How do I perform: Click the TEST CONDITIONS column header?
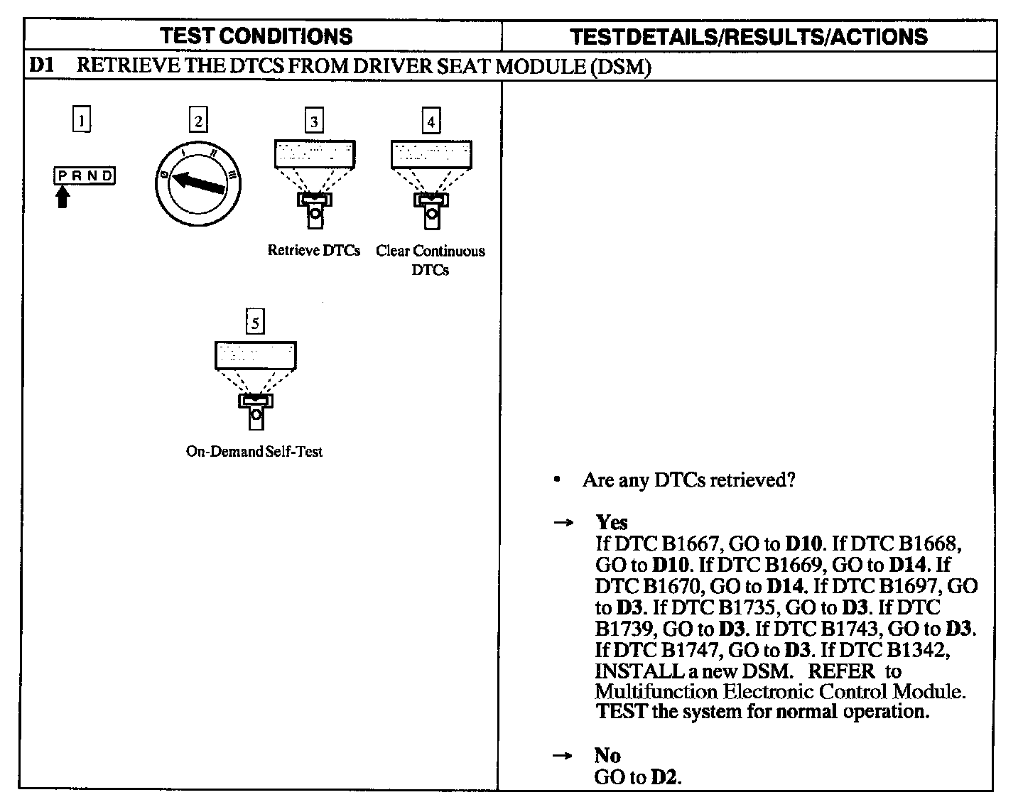256,36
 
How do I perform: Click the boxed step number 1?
82,121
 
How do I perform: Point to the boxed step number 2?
198,121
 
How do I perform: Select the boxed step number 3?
314,121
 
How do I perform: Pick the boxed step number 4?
431,121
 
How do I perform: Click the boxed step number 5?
254,323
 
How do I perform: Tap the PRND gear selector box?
85,175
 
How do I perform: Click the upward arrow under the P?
63,196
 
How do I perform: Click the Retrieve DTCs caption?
313,251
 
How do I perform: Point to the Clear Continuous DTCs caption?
431,260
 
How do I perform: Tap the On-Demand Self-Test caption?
254,452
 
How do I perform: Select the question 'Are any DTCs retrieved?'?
688,480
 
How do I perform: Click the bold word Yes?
612,523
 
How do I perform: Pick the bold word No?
607,755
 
